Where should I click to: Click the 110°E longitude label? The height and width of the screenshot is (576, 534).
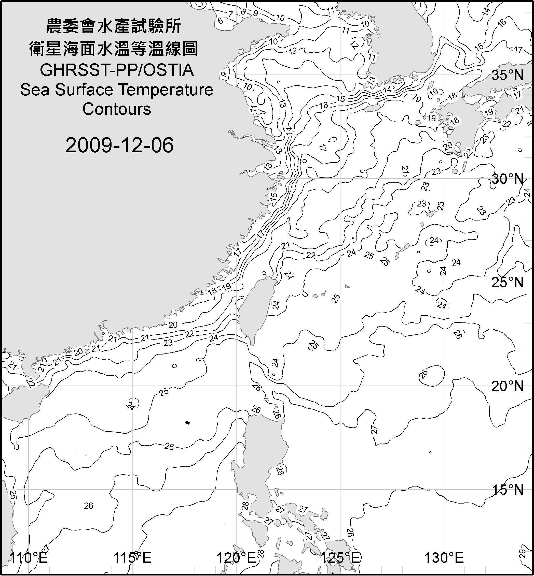click(x=29, y=558)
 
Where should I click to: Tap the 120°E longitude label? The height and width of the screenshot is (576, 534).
click(x=236, y=558)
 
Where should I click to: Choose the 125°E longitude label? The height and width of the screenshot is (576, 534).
click(x=340, y=558)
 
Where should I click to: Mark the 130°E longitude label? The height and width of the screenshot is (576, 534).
click(x=444, y=558)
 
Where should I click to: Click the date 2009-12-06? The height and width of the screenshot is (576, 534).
click(x=119, y=145)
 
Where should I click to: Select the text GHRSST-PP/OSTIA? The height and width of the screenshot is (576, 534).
click(x=117, y=70)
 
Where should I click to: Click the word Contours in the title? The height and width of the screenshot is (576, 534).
click(x=117, y=109)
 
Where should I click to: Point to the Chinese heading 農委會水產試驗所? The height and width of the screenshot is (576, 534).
click(x=114, y=26)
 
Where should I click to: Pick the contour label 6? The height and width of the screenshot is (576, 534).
click(x=220, y=21)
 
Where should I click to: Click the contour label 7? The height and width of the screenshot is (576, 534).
click(x=231, y=14)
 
